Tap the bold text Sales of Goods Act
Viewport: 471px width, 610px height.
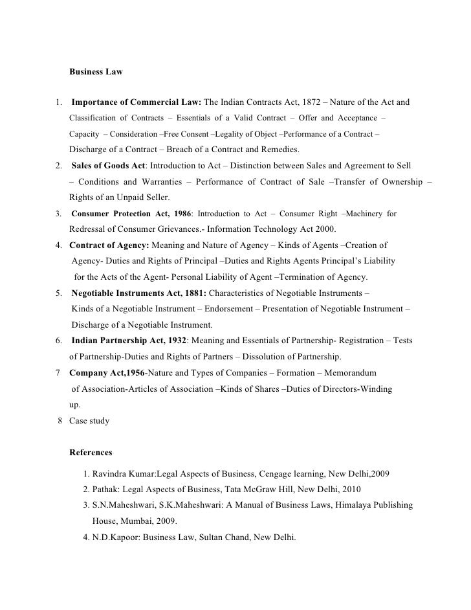[x=109, y=166]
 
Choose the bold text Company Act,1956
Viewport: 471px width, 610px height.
[x=107, y=373]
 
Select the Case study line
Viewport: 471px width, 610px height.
[x=89, y=421]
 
